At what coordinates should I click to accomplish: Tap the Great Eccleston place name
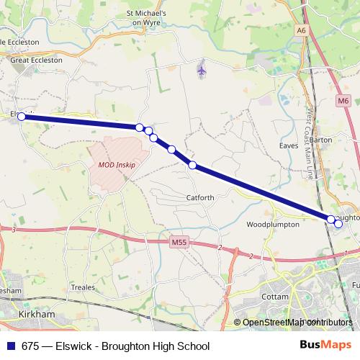coord(36,60)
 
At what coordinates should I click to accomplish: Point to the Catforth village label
coord(200,197)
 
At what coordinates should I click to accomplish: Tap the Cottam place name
coord(276,296)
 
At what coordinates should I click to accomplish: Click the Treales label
coord(83,287)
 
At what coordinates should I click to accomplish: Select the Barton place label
coord(320,140)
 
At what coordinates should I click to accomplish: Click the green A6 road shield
coord(301,31)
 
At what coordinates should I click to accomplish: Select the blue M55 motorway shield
coord(179,243)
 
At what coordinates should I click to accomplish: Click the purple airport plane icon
coord(202,71)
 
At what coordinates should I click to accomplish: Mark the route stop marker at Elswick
coord(22,116)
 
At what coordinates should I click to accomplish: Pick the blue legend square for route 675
coord(9,346)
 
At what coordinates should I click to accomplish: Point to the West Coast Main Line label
coord(310,144)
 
